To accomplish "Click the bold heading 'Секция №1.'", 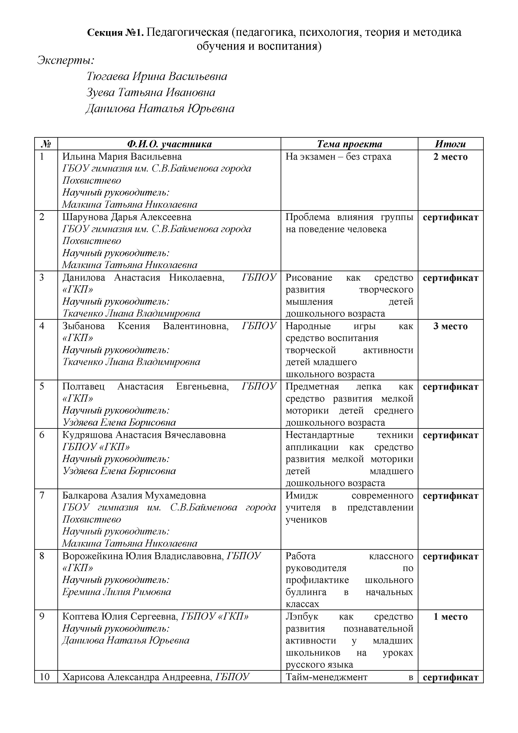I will tap(116, 33).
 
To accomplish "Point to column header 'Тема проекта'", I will tap(349, 144).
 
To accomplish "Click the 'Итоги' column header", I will tap(450, 144).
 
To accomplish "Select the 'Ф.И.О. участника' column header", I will tap(169, 144).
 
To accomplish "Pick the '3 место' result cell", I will tap(450, 326).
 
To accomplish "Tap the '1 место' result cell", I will tap(450, 617).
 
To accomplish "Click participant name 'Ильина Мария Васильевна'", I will tap(122, 157).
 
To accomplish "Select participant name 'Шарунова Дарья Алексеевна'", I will tap(127, 217).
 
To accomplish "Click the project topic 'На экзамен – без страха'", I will tap(338, 157).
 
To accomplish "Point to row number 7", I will tap(42, 495).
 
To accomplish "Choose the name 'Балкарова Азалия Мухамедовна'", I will tap(134, 495).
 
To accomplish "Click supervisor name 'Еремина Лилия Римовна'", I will tap(117, 592).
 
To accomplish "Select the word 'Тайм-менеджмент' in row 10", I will tap(327, 677).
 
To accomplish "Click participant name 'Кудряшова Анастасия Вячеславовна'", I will tap(144, 435).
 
